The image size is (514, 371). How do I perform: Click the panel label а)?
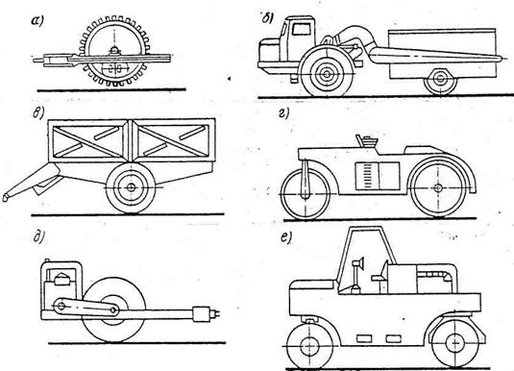pyautogui.click(x=37, y=21)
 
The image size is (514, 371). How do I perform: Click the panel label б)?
pyautogui.click(x=267, y=18)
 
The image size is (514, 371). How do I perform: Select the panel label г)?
pyautogui.click(x=283, y=113)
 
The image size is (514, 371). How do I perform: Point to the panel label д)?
pyautogui.click(x=38, y=236)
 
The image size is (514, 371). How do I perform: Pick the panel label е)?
pyautogui.click(x=286, y=237)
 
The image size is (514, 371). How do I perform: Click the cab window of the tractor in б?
pyautogui.click(x=302, y=29)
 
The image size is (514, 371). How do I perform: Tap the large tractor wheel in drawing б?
pyautogui.click(x=327, y=74)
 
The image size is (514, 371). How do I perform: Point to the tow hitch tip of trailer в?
pyautogui.click(x=5, y=198)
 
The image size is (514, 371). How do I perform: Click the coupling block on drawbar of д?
pyautogui.click(x=201, y=314)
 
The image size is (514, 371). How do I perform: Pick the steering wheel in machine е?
pyautogui.click(x=359, y=263)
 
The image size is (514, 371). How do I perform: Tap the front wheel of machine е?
pyautogui.click(x=309, y=345)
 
